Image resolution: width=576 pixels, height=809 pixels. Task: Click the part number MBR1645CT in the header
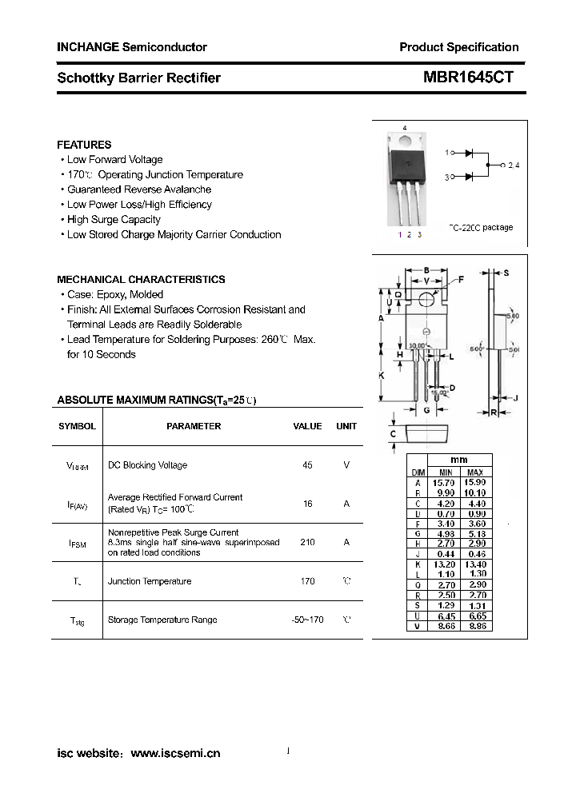coord(468,78)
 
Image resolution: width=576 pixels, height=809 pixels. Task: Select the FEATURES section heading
coord(84,145)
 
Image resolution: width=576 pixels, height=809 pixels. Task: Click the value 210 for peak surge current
coord(307,542)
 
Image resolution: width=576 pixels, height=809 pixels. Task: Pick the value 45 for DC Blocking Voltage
coord(307,465)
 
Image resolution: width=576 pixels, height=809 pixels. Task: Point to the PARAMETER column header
coord(194,426)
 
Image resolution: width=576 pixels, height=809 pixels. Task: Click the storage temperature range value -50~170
coord(307,620)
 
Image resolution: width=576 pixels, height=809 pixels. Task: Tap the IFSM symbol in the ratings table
coord(78,543)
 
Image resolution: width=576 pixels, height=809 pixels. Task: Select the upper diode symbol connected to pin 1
coord(470,152)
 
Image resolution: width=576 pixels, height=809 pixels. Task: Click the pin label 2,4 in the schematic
coord(513,165)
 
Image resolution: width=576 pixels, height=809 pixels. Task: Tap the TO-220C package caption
coord(480,228)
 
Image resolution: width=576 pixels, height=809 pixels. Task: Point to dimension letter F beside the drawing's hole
coord(461,279)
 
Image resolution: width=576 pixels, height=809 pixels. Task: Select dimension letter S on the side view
coord(506,273)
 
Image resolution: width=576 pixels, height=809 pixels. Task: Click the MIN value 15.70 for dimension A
coord(443,483)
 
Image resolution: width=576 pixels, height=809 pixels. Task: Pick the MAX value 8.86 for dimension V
coord(475,626)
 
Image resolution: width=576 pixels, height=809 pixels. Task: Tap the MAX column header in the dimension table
coord(475,472)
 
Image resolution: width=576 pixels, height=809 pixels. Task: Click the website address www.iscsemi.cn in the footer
coord(175,753)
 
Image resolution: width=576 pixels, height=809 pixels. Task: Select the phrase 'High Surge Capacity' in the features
coord(114,220)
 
